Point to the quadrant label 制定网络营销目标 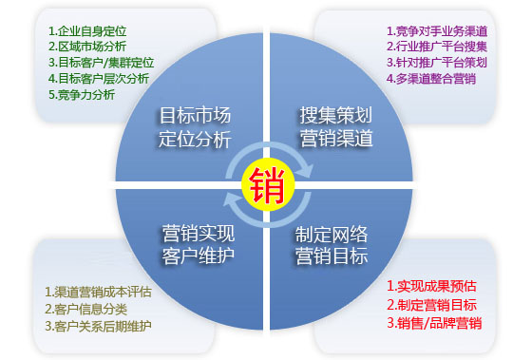click(x=335, y=244)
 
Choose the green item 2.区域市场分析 click(x=87, y=46)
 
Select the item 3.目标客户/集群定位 click(x=101, y=62)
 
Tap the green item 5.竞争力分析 click(x=82, y=95)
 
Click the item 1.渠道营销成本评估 click(x=99, y=292)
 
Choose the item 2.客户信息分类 click(x=86, y=309)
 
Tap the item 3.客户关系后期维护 click(x=99, y=326)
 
